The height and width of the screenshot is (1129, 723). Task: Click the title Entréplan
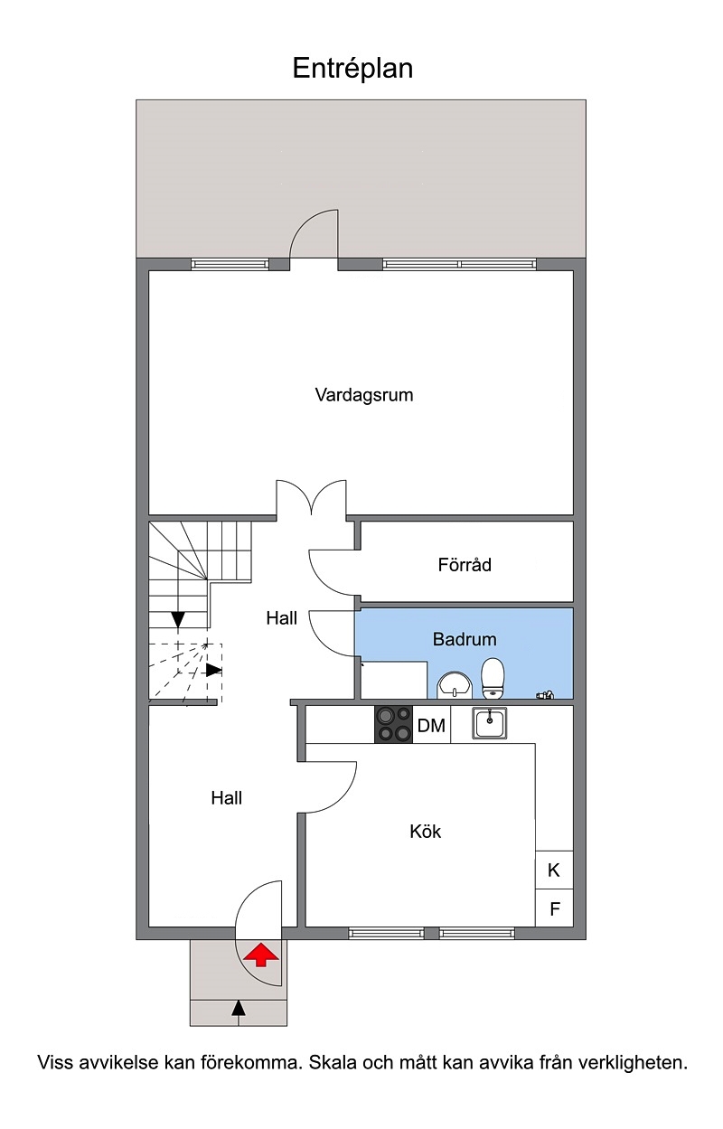(352, 69)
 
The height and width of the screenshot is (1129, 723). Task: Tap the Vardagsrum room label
(364, 395)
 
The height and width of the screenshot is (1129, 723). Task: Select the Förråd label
(465, 564)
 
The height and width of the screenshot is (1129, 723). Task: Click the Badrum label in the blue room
(465, 639)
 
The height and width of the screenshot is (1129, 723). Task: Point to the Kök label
(426, 831)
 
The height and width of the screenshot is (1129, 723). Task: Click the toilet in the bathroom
(493, 679)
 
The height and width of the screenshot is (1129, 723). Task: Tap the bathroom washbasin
(455, 685)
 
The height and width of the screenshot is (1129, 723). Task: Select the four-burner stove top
(393, 724)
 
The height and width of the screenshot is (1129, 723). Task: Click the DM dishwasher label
(431, 726)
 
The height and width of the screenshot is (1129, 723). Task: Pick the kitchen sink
(489, 723)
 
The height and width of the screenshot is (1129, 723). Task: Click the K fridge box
(554, 870)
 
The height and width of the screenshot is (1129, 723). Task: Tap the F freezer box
(554, 908)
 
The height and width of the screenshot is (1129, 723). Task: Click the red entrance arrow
(260, 955)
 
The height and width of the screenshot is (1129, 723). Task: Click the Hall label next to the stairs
(282, 618)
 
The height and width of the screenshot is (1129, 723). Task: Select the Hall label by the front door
(227, 798)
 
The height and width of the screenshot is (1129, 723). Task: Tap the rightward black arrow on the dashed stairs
(214, 670)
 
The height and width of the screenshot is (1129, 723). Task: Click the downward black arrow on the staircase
(178, 619)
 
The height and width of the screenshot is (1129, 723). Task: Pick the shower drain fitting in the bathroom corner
(545, 694)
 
